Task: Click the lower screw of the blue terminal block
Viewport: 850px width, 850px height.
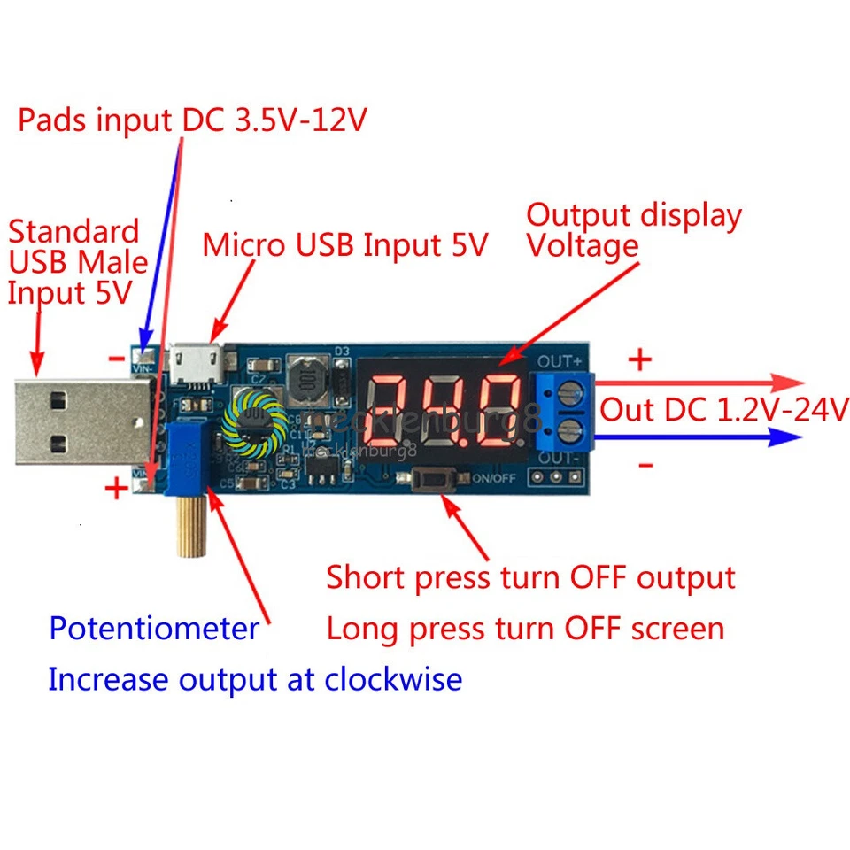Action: click(570, 431)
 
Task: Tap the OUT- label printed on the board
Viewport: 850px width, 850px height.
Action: click(560, 458)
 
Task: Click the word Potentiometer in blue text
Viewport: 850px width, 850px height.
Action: click(153, 629)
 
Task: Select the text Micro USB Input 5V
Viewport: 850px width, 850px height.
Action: click(345, 245)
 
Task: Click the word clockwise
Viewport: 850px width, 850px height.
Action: click(392, 680)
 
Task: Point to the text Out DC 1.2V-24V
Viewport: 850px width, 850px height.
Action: click(724, 410)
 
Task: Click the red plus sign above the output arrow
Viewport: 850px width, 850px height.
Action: click(639, 359)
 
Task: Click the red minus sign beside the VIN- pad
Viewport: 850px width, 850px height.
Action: click(116, 358)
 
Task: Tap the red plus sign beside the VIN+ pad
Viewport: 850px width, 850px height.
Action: click(116, 489)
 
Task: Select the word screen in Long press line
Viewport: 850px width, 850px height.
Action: click(672, 629)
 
